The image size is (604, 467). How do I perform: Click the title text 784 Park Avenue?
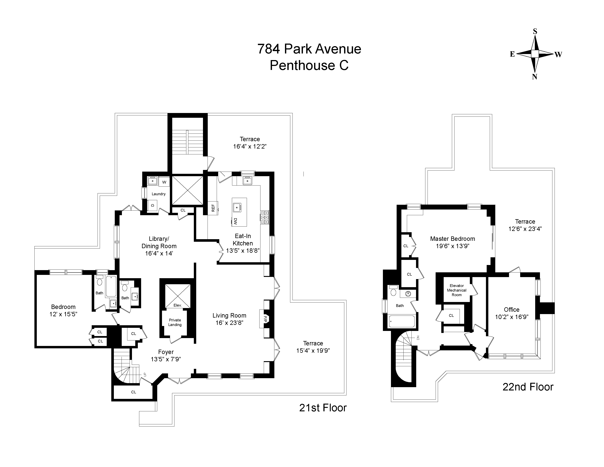[x=309, y=49]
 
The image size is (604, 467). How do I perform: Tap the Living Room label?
[x=229, y=315]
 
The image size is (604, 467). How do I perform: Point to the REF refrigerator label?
[x=213, y=208]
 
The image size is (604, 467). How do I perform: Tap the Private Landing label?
[x=175, y=322]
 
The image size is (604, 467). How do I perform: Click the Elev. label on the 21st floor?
[x=178, y=305]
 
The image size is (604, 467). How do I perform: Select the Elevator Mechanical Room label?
[x=457, y=290]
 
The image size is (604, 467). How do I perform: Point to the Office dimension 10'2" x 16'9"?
[x=512, y=317]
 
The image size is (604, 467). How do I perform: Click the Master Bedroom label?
[x=452, y=239]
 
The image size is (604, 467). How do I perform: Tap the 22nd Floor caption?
[x=528, y=387]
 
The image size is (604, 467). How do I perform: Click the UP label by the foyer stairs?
[x=145, y=374]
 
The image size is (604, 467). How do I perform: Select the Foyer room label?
[x=166, y=352]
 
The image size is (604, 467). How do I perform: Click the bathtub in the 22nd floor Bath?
[x=402, y=321]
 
